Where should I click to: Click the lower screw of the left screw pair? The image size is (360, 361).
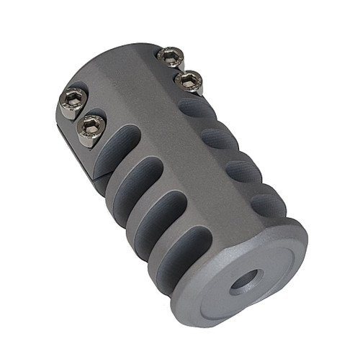[x=92, y=130]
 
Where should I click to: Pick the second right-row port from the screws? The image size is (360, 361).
[x=220, y=137]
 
